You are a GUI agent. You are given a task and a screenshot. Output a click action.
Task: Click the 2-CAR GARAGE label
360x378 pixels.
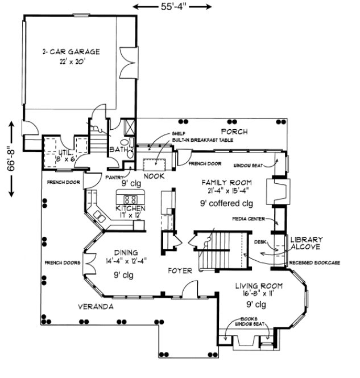[x=71, y=52]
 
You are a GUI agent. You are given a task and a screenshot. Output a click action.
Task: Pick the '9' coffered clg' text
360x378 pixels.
[x=226, y=203]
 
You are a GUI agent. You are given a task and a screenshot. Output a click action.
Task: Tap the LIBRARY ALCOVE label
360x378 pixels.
[x=307, y=243]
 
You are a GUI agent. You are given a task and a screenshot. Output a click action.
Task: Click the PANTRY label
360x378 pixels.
[x=115, y=177]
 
